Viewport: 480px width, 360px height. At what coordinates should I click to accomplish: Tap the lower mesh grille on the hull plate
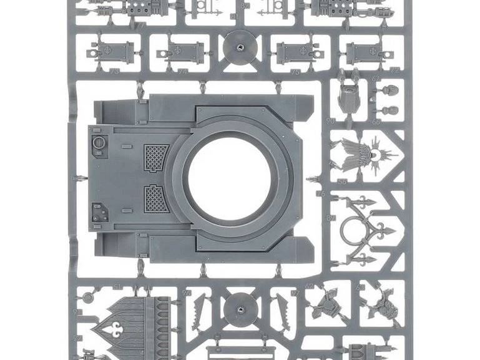click(156, 198)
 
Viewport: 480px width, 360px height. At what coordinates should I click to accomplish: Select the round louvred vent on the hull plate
click(99, 144)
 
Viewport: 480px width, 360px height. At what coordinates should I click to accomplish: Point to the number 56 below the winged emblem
click(342, 182)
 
